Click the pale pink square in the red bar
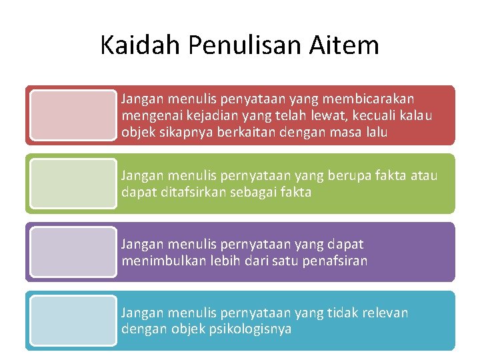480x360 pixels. [73, 115]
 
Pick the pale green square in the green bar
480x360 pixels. [73, 183]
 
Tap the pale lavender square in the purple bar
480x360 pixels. [73, 252]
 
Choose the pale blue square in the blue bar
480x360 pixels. [73, 321]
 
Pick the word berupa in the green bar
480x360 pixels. [349, 176]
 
